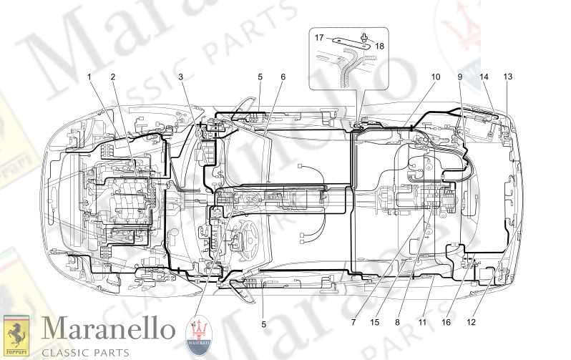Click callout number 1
tap(89, 76)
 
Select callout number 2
tap(112, 76)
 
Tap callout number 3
tap(181, 76)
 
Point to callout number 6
tap(283, 76)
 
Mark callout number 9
tap(460, 76)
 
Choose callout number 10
tap(435, 76)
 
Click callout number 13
tap(507, 76)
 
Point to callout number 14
tap(484, 76)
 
